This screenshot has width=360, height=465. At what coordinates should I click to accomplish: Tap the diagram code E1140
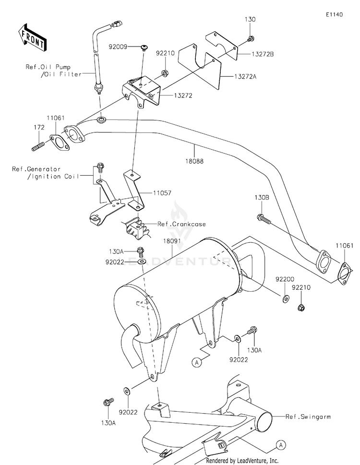pyautogui.click(x=334, y=14)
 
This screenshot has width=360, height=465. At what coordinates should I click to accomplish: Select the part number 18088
pyautogui.click(x=194, y=161)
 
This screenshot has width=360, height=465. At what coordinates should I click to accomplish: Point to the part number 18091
pyautogui.click(x=172, y=241)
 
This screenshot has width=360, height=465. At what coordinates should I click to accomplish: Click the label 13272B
pyautogui.click(x=263, y=54)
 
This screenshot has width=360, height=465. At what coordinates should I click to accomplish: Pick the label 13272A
pyautogui.click(x=245, y=76)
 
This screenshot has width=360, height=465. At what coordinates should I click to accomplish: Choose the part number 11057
pyautogui.click(x=162, y=193)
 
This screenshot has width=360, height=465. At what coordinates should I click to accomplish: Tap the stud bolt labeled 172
pyautogui.click(x=38, y=146)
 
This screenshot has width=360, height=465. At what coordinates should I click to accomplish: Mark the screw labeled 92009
pyautogui.click(x=144, y=48)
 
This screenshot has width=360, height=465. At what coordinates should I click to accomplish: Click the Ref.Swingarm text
pyautogui.click(x=308, y=417)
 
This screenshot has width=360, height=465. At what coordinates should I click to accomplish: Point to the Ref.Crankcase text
pyautogui.click(x=181, y=224)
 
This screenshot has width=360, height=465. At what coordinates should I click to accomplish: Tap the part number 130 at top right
pyautogui.click(x=250, y=19)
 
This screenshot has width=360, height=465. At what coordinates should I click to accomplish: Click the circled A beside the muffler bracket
pyautogui.click(x=197, y=362)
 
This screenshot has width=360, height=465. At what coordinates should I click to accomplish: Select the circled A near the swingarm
pyautogui.click(x=280, y=445)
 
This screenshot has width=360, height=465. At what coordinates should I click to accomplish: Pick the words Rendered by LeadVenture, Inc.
pyautogui.click(x=242, y=461)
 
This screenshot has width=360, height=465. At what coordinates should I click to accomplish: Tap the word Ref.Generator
pyautogui.click(x=36, y=169)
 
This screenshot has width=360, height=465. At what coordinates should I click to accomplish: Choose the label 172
pyautogui.click(x=39, y=127)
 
